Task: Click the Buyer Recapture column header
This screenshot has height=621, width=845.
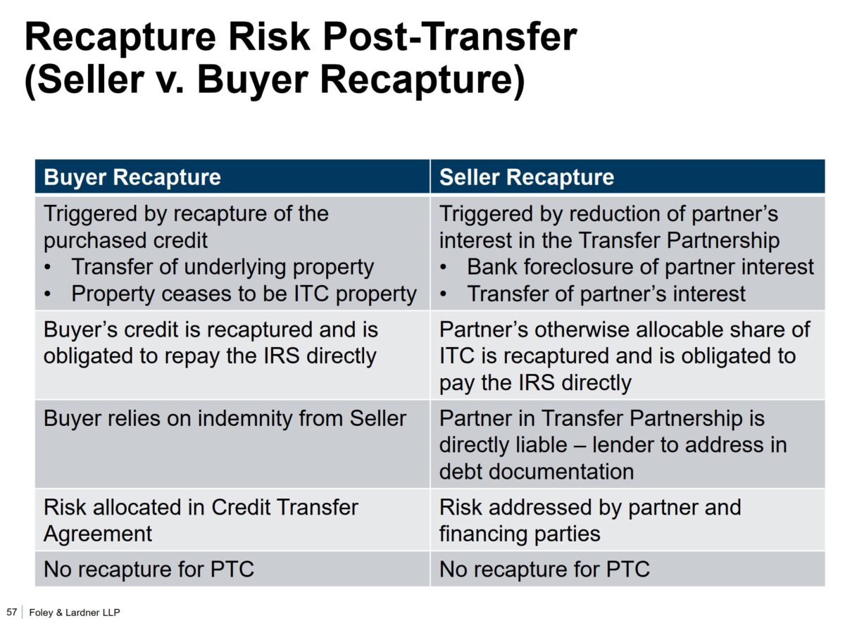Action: (x=132, y=177)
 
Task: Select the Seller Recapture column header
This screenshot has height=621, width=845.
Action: (x=526, y=177)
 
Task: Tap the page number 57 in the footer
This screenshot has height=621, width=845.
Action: (x=11, y=612)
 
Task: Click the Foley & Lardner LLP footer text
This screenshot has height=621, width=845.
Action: (x=70, y=613)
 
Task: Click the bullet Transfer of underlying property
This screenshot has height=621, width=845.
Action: (x=222, y=267)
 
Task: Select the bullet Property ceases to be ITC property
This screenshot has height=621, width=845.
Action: (x=244, y=294)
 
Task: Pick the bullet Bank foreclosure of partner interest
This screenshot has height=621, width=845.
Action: (x=640, y=267)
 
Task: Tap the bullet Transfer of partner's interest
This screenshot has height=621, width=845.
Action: (x=606, y=294)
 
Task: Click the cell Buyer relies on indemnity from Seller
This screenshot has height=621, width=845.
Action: (x=225, y=418)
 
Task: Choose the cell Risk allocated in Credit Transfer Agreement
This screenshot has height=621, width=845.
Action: (x=201, y=520)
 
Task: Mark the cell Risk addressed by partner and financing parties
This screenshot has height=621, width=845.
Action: (x=590, y=520)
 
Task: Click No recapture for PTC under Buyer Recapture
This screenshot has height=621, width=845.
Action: (x=149, y=569)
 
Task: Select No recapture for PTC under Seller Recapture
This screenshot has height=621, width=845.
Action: (x=544, y=569)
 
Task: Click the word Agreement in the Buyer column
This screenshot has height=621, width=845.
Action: (x=98, y=534)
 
